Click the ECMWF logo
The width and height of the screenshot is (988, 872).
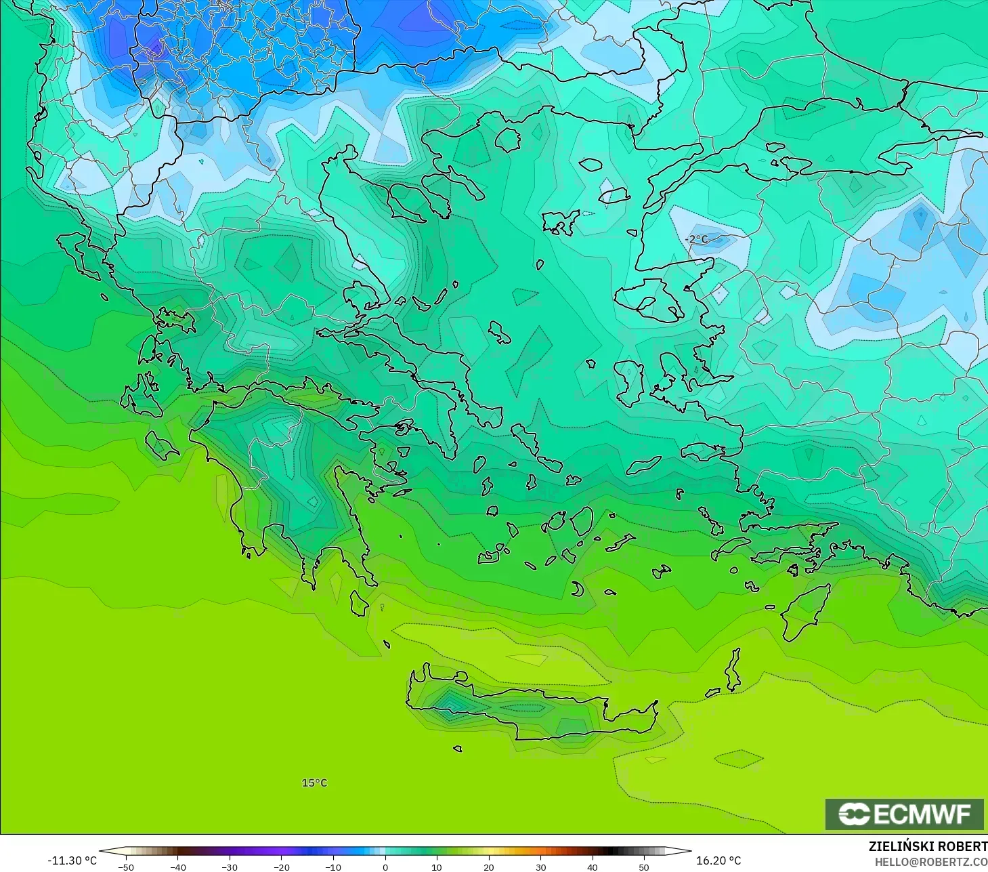coord(904,814)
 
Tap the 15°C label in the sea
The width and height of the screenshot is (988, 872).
coord(314,783)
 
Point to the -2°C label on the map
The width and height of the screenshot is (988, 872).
coord(696,239)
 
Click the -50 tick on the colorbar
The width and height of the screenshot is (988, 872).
coord(126,867)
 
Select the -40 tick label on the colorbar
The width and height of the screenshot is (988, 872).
coord(177,867)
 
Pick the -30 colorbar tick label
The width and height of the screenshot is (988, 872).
coord(230,867)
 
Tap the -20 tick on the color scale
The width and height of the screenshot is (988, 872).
coord(281,867)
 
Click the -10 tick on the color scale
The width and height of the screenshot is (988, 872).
coord(333,867)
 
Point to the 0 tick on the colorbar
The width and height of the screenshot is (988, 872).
coord(385,867)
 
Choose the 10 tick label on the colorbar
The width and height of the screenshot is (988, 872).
coord(437,867)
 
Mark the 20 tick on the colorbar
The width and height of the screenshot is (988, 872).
coord(489,867)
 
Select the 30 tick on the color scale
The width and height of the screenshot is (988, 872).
coord(540,867)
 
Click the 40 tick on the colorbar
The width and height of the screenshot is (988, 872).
coord(593,867)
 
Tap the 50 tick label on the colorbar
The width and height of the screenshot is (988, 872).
coord(644,867)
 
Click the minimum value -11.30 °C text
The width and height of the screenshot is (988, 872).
coord(72,860)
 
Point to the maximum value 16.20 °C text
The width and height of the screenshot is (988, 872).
coord(718,860)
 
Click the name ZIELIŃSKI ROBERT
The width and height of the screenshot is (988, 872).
coord(928,847)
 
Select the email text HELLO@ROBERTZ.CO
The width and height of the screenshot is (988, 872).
coord(931,862)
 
